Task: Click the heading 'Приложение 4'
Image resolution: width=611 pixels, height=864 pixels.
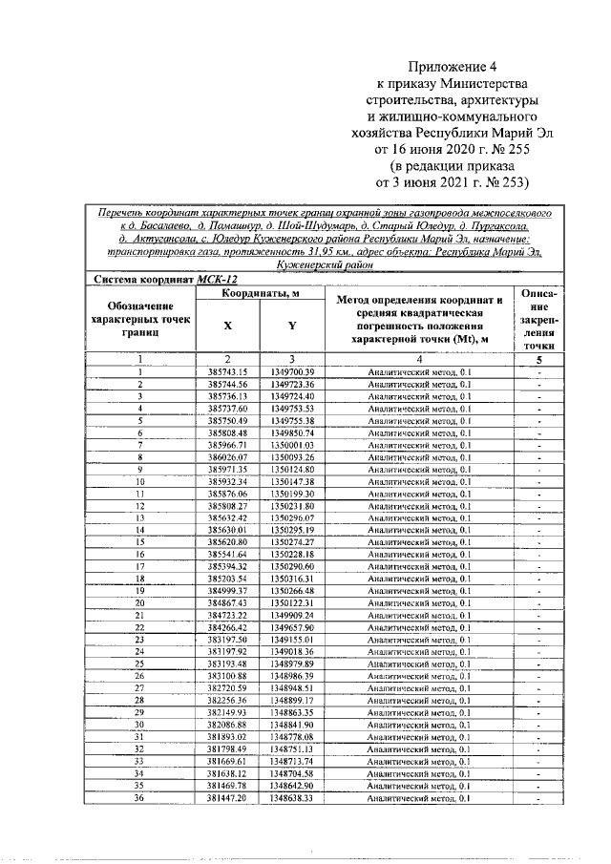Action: click(x=453, y=67)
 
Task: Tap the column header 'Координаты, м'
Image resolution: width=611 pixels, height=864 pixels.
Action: click(x=260, y=293)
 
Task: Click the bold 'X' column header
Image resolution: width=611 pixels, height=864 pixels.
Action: click(x=227, y=326)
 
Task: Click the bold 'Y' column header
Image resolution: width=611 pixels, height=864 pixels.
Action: click(x=292, y=326)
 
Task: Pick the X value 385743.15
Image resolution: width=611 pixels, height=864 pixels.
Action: click(x=227, y=371)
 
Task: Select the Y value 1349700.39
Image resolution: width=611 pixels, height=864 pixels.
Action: click(x=292, y=371)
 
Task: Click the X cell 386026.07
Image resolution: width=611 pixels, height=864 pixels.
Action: click(x=227, y=458)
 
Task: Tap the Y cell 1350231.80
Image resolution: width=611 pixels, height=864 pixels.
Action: click(x=292, y=505)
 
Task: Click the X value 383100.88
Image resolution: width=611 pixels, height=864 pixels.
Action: click(x=227, y=675)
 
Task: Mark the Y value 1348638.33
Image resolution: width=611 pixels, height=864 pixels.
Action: click(x=292, y=797)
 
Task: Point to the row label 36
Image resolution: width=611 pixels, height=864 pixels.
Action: click(x=139, y=797)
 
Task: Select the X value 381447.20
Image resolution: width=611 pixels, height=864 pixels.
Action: click(x=227, y=797)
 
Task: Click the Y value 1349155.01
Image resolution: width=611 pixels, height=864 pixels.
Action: click(x=292, y=639)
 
